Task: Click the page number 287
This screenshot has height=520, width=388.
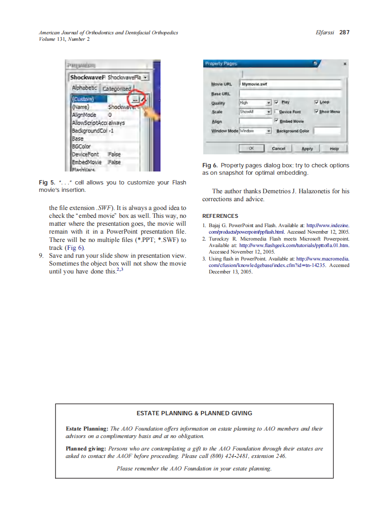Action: pos(344,32)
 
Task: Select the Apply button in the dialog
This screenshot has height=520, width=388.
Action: pos(307,149)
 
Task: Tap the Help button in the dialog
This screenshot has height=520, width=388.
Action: pos(334,149)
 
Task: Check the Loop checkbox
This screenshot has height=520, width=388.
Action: pos(317,102)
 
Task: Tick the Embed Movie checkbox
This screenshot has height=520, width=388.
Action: pos(276,121)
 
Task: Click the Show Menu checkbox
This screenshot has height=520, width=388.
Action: pos(317,112)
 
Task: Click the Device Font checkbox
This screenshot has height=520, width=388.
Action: pos(276,112)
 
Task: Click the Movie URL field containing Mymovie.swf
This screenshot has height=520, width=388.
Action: pos(290,84)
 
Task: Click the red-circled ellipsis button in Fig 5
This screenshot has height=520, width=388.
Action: pos(135,99)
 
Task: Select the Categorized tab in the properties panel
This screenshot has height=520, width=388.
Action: pos(117,89)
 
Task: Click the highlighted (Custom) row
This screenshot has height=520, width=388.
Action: pos(88,99)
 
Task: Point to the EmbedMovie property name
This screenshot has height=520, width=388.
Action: pos(86,162)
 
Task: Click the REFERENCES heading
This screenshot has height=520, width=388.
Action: pos(220,216)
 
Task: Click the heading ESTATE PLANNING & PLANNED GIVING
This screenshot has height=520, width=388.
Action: pos(194,413)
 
